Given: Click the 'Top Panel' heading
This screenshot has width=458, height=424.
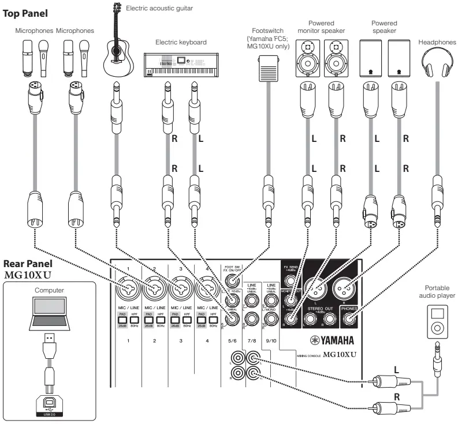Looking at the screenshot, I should tap(26, 12).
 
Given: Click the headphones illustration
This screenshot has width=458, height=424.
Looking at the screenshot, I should tap(437, 62).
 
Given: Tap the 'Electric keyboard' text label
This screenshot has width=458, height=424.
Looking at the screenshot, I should tap(181, 42).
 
